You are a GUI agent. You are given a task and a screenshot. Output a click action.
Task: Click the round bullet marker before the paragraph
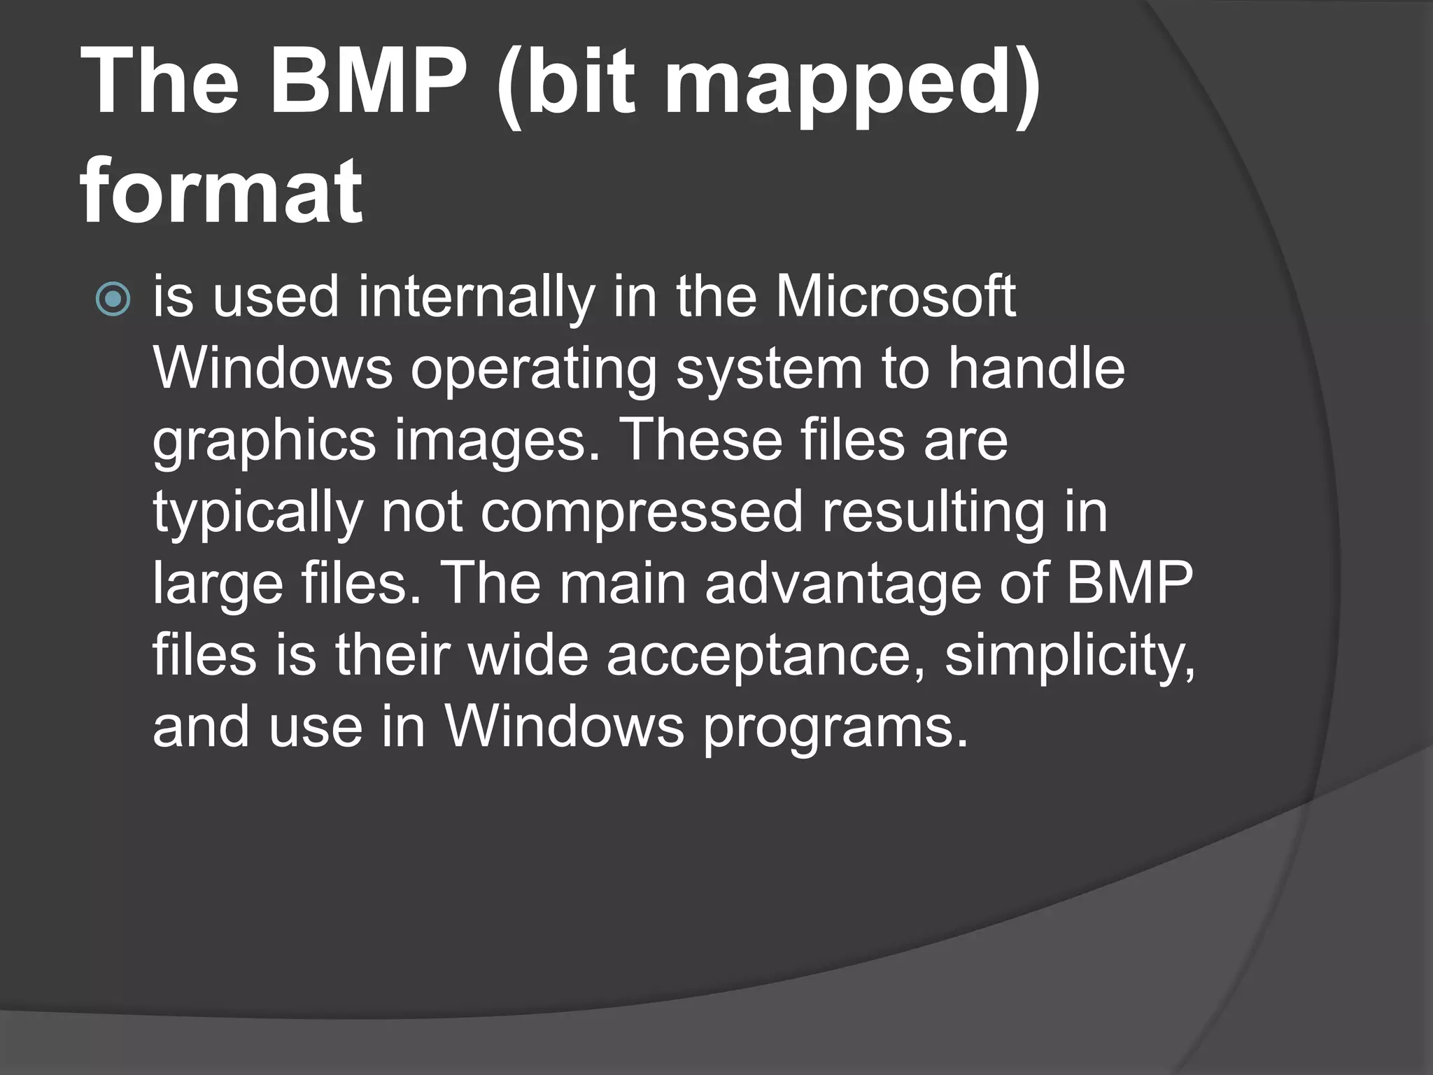(x=113, y=300)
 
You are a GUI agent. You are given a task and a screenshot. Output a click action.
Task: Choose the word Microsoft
(x=895, y=297)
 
